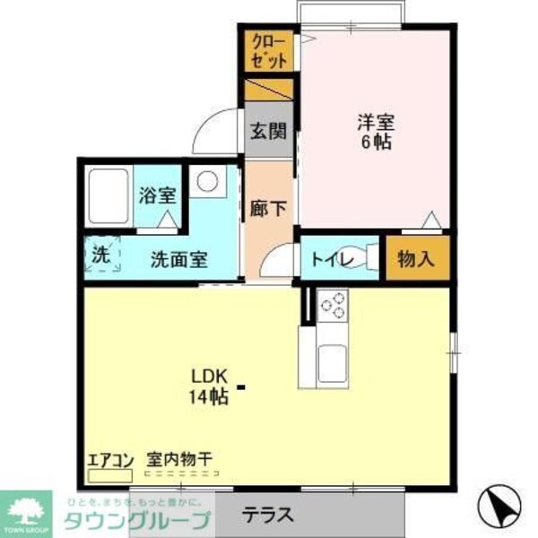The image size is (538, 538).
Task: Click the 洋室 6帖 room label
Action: click(377, 132)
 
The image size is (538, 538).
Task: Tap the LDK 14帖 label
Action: click(207, 385)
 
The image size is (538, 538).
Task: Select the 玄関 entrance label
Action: click(268, 132)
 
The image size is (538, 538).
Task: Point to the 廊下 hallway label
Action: click(268, 208)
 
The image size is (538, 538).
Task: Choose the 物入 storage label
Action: click(416, 259)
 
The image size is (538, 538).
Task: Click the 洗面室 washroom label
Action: click(178, 260)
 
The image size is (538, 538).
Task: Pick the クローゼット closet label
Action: click(270, 51)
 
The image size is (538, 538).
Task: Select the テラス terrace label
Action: click(268, 515)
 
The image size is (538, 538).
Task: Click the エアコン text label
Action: click(109, 461)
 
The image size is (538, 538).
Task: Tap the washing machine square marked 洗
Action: click(102, 254)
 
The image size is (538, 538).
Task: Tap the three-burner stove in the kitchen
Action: click(333, 306)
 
